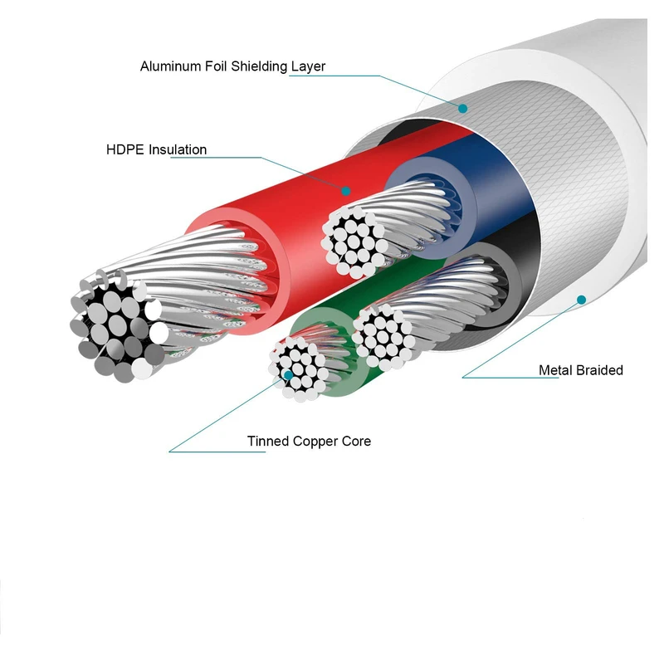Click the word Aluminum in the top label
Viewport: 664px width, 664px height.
point(170,66)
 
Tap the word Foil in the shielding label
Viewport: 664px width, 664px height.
point(217,66)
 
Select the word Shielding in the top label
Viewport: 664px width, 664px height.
point(259,67)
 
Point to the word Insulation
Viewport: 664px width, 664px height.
point(178,149)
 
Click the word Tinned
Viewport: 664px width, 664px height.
point(268,441)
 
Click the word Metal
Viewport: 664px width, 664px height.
point(554,370)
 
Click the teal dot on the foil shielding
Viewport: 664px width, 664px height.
point(463,109)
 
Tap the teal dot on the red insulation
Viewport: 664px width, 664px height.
point(346,191)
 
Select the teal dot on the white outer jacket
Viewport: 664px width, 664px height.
point(582,300)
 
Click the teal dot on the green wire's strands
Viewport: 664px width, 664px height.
point(288,375)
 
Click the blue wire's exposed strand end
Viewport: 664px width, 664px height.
point(352,242)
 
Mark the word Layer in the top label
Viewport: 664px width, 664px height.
point(308,67)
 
